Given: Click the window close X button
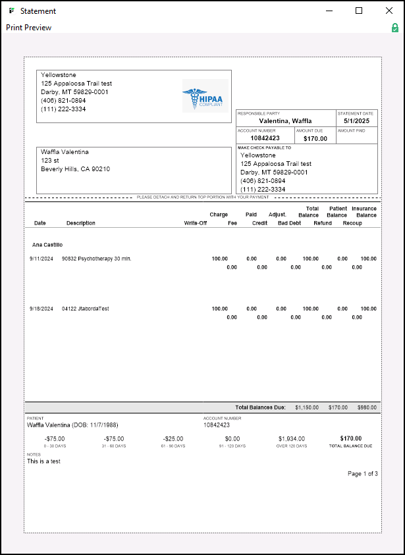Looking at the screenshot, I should [389, 11].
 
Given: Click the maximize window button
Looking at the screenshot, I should [359, 11].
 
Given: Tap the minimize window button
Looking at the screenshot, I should [329, 11].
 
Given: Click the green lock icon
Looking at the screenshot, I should [394, 28].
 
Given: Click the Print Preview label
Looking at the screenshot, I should [28, 28].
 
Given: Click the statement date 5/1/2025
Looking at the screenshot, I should [357, 121].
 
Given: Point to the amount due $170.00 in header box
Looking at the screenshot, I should [315, 138].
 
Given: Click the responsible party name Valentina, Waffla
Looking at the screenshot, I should [285, 121].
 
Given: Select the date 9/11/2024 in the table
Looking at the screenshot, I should [41, 259].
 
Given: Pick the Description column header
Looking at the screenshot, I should [80, 223].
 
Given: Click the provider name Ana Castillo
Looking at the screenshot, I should [47, 244].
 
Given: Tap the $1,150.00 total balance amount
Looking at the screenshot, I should [306, 408].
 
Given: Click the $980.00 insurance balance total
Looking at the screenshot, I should [367, 408].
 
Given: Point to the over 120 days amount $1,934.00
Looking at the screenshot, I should [292, 438].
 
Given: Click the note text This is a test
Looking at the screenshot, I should [43, 462].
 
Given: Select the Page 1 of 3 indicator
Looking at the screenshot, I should [362, 474].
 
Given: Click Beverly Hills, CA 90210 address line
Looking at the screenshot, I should [75, 169].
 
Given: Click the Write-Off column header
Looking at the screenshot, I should [195, 223].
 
